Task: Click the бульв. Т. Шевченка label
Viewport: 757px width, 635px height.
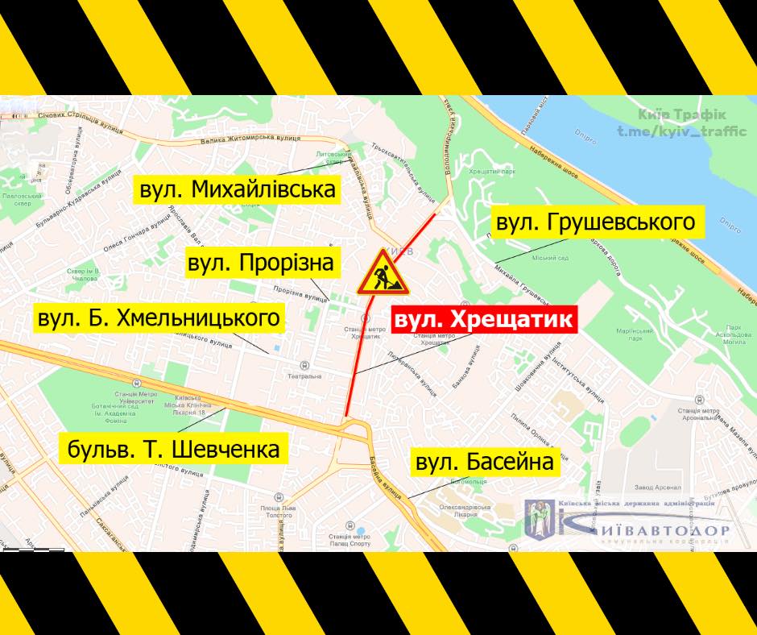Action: tap(174, 447)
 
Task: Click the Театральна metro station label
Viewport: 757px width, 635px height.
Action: tap(306, 376)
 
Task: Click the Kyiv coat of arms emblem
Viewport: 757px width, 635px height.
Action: tap(538, 520)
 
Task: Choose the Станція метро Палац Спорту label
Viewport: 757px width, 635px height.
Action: tap(350, 540)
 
